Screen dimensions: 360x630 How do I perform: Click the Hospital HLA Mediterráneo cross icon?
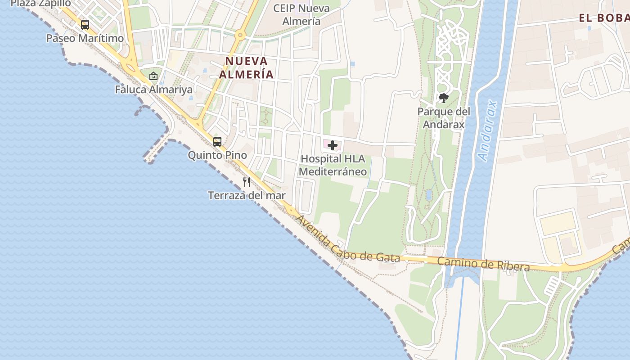pos(333,145)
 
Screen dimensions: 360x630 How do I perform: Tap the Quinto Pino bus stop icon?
pos(217,142)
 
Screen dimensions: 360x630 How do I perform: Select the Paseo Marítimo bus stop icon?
pos(85,25)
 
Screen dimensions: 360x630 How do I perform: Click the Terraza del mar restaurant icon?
pos(247,182)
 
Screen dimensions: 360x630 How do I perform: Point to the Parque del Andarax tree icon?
pos(444,98)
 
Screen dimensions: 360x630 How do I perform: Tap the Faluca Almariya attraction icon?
pos(153,76)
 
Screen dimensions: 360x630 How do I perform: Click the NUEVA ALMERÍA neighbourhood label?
pos(247,67)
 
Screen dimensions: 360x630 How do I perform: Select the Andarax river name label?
pos(489,130)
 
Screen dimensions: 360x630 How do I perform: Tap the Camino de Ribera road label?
pos(483,264)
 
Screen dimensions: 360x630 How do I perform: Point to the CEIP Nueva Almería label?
pos(301,14)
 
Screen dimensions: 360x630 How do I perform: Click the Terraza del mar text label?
pos(247,195)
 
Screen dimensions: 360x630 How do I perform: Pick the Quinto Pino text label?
pos(217,155)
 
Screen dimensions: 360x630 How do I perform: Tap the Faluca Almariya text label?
pos(153,89)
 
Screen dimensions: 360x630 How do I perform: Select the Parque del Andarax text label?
pos(444,118)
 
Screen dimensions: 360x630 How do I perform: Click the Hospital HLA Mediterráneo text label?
pos(333,165)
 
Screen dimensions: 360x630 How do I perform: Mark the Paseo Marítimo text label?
pos(85,38)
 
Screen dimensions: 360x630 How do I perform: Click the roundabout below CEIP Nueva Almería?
pos(241,35)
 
